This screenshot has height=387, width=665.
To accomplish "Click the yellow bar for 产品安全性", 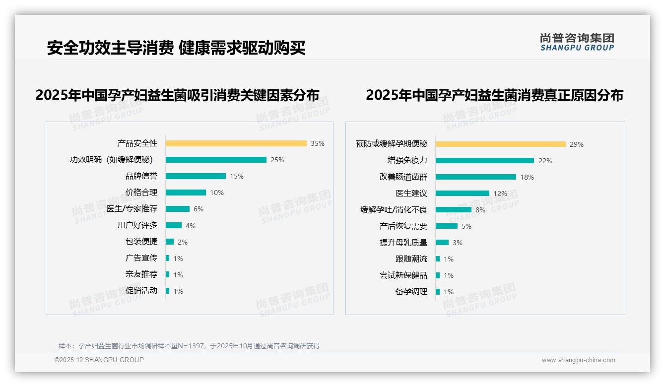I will point(236,143).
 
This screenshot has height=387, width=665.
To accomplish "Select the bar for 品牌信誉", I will point(196,176).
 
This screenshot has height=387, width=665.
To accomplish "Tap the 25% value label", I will point(277,160).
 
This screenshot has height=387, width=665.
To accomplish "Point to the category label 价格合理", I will point(141,193).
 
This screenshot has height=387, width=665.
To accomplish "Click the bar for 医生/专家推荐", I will point(178,209).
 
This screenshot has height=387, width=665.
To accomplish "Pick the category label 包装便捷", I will point(141,242).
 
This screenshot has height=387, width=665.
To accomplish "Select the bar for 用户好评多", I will point(174,225).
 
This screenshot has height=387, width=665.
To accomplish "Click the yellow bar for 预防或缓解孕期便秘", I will point(501,144).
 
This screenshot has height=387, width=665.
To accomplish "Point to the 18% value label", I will point(527,177).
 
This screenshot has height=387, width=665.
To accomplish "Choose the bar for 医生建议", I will point(463,193).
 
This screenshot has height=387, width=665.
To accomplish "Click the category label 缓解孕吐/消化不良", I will point(394,210).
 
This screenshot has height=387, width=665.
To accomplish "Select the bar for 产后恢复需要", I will point(447,226).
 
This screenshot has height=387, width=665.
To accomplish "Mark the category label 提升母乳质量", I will point(403,243).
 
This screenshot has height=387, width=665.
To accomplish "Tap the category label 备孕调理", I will point(411,292).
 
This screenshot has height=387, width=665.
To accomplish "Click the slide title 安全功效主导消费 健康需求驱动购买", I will point(176,48).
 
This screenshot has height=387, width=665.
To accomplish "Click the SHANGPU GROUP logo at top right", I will point(577,42).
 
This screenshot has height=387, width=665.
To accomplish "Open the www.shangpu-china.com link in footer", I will point(578,360).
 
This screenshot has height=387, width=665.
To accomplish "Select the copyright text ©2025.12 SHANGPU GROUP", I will point(99,360).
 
